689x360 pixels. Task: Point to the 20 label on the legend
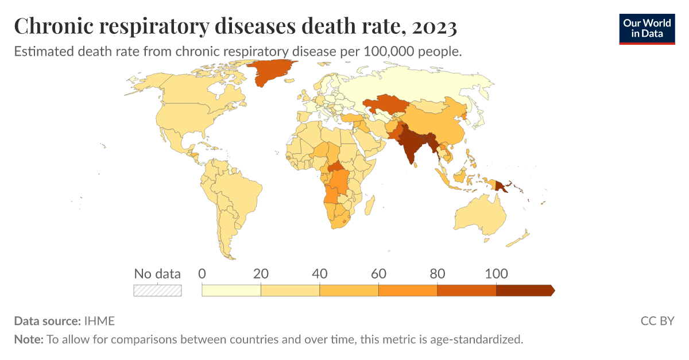261,274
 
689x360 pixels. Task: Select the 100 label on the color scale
496,274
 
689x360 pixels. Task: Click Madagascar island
370,203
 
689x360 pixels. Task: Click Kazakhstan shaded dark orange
385,106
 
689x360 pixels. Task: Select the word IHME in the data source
99,321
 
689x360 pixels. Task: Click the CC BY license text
657,321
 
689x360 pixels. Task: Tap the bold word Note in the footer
28,339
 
